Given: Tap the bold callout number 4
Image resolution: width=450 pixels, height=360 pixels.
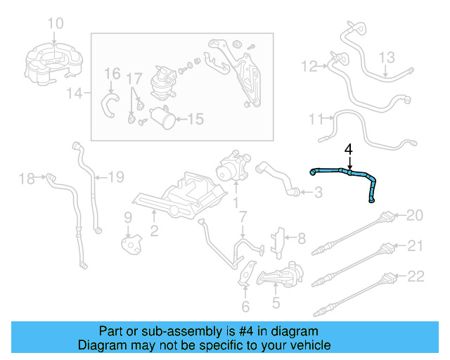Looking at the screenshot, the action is [349, 150].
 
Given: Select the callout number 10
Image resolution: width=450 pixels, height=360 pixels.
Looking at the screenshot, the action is [56, 23].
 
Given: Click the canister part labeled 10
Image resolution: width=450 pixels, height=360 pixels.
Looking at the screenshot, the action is [53, 64].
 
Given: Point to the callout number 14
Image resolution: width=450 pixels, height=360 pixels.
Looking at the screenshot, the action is [75, 94].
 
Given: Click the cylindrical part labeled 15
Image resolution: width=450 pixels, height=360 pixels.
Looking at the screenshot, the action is [162, 117].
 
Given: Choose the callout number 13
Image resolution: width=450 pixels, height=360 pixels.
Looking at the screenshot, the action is [387, 58].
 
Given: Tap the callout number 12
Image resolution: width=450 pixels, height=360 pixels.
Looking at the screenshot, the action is [309, 67].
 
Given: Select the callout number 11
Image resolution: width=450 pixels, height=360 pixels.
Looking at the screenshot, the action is [316, 119].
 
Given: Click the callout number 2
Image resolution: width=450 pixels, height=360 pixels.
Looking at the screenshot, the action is [154, 231].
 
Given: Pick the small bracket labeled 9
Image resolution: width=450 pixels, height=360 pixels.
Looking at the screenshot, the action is [131, 244].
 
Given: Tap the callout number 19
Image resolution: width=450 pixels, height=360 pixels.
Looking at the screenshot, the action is [116, 177].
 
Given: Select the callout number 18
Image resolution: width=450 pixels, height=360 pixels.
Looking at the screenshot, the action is [27, 179].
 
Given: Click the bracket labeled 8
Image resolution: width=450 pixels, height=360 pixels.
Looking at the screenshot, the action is [278, 243].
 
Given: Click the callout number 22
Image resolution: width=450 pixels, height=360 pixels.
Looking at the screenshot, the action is [416, 276].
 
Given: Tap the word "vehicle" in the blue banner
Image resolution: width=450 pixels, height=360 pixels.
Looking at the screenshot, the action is [309, 345].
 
